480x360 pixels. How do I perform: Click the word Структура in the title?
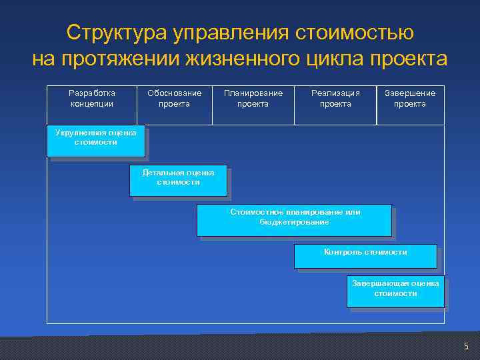click(x=116, y=33)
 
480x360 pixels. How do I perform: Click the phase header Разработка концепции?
click(x=92, y=99)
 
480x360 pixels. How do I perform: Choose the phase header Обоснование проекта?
click(x=174, y=99)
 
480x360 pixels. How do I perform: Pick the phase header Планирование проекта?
click(x=253, y=99)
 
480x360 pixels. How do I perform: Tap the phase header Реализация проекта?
click(x=335, y=99)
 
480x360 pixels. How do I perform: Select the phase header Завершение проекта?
click(x=410, y=99)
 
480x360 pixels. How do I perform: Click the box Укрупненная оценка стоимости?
click(x=95, y=141)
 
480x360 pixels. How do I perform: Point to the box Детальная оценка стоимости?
click(x=178, y=180)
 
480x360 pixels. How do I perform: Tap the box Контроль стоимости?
click(x=365, y=256)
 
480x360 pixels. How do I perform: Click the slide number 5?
click(x=466, y=346)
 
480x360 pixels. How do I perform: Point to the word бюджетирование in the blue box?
click(x=294, y=222)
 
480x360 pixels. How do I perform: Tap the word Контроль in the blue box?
click(x=343, y=252)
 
